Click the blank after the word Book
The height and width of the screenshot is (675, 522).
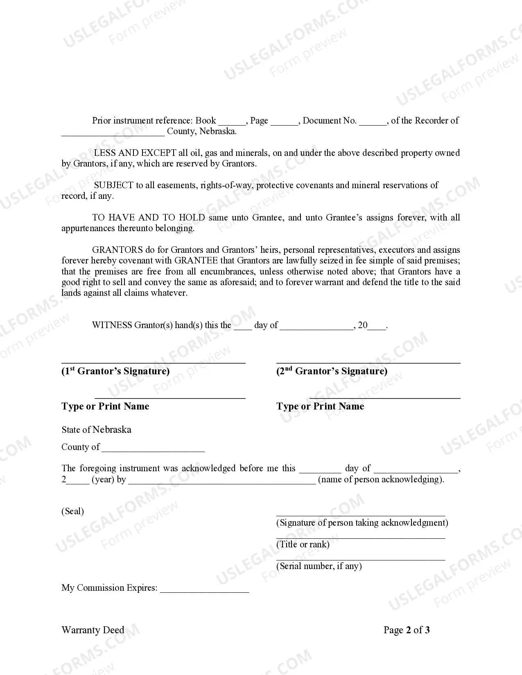pyautogui.click(x=232, y=122)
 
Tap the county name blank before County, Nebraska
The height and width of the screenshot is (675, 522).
pyautogui.click(x=113, y=132)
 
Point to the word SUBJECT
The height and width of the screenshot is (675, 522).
pyautogui.click(x=113, y=185)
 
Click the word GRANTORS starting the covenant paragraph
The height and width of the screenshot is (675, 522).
pyautogui.click(x=118, y=250)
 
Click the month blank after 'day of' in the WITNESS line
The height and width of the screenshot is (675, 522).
pyautogui.click(x=316, y=326)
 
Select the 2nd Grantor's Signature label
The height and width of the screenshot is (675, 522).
pyautogui.click(x=332, y=371)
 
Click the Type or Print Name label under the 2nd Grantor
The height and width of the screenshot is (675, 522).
pyautogui.click(x=320, y=406)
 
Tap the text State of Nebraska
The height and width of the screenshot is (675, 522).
pyautogui.click(x=96, y=430)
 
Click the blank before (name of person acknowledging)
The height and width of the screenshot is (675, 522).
pyautogui.click(x=222, y=480)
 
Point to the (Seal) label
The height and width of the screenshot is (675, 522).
pyautogui.click(x=72, y=511)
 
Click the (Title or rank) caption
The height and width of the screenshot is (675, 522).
pyautogui.click(x=303, y=544)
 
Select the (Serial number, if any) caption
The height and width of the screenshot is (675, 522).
pyautogui.click(x=319, y=566)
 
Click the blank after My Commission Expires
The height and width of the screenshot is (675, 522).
pyautogui.click(x=204, y=589)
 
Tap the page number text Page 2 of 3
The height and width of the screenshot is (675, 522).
pyautogui.click(x=407, y=630)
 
